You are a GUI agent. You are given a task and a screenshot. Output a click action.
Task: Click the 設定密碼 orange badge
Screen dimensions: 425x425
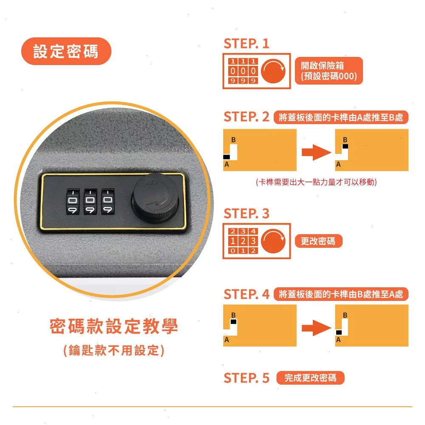66,51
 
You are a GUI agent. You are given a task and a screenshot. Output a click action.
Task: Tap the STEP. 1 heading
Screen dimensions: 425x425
246,44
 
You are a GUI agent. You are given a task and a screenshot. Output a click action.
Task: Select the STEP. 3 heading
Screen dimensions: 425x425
246,214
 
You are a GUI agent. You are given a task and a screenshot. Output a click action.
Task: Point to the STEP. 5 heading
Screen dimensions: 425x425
246,378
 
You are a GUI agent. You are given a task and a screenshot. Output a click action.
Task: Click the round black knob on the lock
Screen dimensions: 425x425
155,198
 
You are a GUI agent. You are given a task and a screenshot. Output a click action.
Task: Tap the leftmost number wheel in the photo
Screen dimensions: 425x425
73,202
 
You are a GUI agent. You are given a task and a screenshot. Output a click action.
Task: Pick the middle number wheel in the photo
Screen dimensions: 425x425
90,202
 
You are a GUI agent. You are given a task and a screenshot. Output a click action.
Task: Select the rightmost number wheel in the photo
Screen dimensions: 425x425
108,202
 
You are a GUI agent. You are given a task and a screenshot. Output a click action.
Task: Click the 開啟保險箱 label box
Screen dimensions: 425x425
329,71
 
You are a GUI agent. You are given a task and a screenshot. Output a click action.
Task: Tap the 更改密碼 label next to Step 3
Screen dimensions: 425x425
318,241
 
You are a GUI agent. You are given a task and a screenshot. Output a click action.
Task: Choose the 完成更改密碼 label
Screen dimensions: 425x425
310,378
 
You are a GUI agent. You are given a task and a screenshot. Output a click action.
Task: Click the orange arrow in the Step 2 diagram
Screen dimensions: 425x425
316,152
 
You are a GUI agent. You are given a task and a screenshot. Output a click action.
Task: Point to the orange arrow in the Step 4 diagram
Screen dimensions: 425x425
316,328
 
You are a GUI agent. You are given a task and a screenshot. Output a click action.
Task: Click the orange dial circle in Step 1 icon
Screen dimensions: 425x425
273,71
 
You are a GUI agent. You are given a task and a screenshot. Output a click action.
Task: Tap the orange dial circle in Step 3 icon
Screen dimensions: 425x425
273,241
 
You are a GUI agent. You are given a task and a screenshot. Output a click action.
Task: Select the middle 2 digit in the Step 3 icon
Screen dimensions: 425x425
243,241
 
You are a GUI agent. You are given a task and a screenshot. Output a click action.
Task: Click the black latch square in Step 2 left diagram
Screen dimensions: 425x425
227,157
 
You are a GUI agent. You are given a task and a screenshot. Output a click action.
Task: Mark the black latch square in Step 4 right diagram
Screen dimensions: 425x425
339,333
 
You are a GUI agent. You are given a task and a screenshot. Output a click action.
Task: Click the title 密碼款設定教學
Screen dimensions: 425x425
114,326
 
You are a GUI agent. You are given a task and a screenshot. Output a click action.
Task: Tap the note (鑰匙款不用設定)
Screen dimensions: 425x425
114,350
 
